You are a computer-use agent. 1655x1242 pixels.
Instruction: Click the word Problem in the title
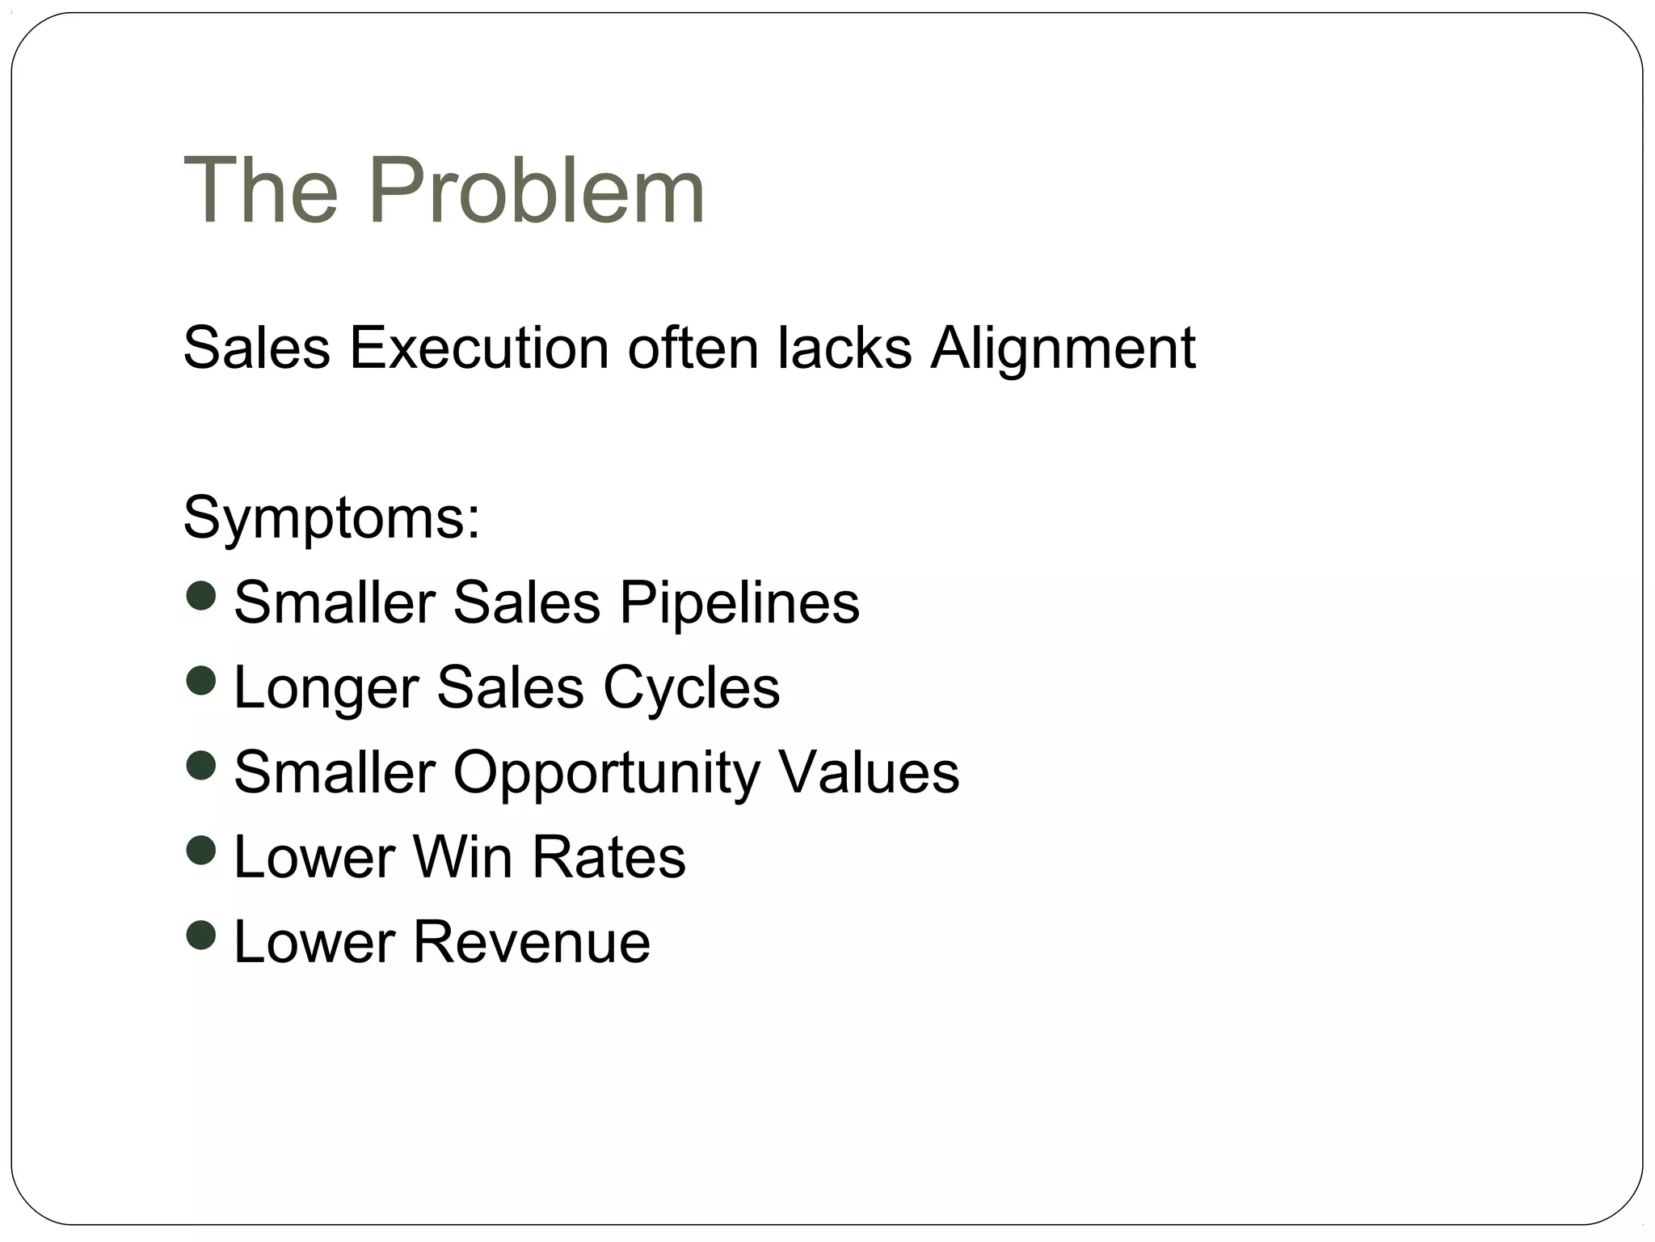click(x=537, y=191)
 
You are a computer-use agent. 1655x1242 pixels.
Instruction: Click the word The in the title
click(x=261, y=191)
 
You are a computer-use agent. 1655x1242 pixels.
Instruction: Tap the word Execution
click(x=478, y=349)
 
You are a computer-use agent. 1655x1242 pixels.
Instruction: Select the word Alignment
click(x=1063, y=349)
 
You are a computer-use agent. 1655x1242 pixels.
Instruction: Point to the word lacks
click(x=844, y=349)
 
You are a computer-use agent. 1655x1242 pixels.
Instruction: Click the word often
click(x=693, y=349)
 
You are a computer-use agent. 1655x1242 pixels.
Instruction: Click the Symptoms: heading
click(x=332, y=518)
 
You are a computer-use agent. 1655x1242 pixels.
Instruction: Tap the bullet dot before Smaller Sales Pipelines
click(x=200, y=596)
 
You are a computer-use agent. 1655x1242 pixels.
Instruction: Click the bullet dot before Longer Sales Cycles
click(x=200, y=680)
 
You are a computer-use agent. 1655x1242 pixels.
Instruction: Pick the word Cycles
click(x=692, y=688)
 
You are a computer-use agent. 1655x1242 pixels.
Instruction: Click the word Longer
click(x=326, y=688)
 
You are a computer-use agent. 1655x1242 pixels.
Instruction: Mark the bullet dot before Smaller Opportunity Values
click(x=200, y=765)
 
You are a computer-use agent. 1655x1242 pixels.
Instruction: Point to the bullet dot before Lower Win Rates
click(x=200, y=850)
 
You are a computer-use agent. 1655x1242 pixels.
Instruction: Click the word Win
click(x=462, y=857)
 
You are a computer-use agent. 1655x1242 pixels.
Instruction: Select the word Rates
click(x=609, y=857)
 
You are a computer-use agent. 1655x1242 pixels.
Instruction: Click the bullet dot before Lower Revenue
click(x=200, y=935)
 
